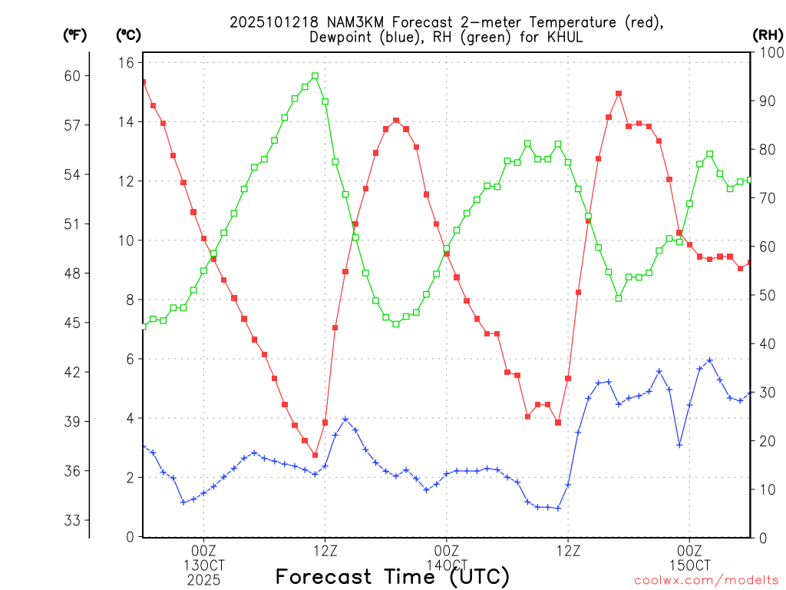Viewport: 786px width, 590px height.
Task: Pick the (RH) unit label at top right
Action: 768,35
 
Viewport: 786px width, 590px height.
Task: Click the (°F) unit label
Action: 75,35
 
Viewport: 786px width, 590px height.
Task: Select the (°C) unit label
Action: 128,35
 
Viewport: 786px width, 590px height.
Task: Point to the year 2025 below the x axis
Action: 203,579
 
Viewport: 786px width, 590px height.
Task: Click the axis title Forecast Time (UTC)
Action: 392,576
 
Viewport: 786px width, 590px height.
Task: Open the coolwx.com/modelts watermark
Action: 706,581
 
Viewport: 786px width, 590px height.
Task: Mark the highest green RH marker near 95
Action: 315,76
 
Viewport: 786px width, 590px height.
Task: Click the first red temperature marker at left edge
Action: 144,81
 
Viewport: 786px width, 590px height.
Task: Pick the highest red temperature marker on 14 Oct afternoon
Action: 619,94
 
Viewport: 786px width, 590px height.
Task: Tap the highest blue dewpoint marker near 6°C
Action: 710,360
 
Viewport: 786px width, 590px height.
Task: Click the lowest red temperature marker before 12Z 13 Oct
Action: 315,455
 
